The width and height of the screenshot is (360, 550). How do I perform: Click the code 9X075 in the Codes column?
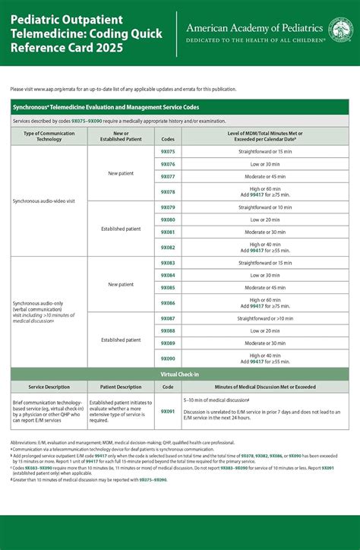[168, 152]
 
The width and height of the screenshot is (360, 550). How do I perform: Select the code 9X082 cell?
[168, 248]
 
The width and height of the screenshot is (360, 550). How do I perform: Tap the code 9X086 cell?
[168, 302]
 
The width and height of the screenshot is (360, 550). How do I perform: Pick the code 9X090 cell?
[168, 359]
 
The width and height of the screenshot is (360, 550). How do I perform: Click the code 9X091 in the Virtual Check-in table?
[168, 411]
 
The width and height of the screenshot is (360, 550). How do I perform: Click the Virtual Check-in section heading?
[179, 375]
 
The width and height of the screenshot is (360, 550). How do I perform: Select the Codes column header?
[168, 137]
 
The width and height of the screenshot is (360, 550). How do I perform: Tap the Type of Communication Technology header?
[49, 137]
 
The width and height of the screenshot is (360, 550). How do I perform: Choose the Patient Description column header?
[121, 387]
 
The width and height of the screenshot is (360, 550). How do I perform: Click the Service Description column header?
[49, 387]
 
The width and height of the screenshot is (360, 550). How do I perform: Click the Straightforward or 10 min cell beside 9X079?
[264, 207]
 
